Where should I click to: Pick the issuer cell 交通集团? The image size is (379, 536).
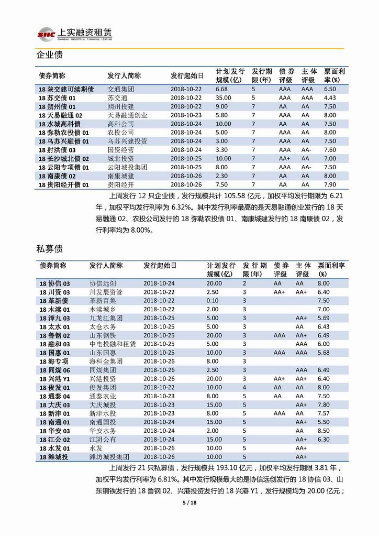click(120, 89)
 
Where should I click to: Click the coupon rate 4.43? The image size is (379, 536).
click(330, 98)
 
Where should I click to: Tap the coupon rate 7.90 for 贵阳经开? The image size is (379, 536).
click(330, 184)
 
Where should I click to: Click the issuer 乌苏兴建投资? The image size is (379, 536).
click(127, 141)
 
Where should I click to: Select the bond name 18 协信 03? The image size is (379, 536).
click(54, 283)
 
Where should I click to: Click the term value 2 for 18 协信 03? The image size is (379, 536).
click(244, 283)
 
